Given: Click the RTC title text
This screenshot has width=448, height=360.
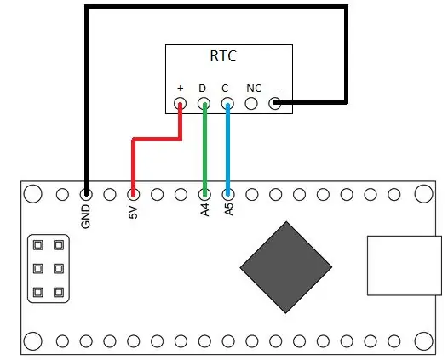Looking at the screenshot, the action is click(x=223, y=56).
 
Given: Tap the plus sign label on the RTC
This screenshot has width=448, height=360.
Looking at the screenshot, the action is click(x=180, y=88).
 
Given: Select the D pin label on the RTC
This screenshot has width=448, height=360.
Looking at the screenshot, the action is click(x=203, y=89).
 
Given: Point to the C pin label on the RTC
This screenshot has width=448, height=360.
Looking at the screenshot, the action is click(x=225, y=89).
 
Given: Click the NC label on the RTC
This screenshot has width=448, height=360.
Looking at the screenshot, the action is click(x=254, y=89).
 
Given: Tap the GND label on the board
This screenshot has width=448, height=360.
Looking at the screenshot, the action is click(x=85, y=217).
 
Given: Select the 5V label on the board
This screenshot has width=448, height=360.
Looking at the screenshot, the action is click(x=133, y=213).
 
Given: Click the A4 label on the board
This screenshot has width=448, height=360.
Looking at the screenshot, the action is click(x=205, y=210).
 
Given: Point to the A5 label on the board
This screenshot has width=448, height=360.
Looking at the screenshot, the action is click(x=228, y=209).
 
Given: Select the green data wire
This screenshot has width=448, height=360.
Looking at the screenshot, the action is click(x=204, y=150).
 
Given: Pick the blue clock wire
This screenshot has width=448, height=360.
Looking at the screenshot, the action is click(x=227, y=150).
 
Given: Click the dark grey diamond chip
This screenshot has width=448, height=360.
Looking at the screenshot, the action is click(x=285, y=267).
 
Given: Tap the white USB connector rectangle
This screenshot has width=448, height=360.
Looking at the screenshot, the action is click(x=405, y=266).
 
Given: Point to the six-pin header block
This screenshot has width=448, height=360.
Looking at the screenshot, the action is click(x=49, y=268).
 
